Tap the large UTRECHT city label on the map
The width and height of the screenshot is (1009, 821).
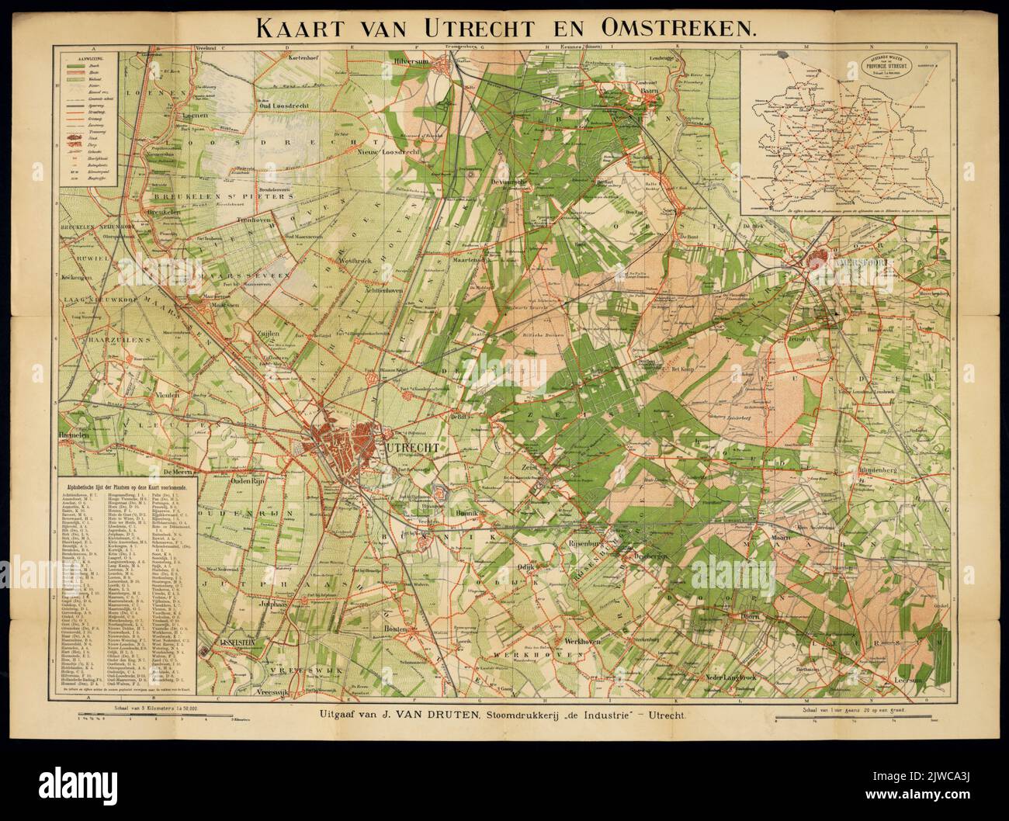(x=412, y=449)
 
